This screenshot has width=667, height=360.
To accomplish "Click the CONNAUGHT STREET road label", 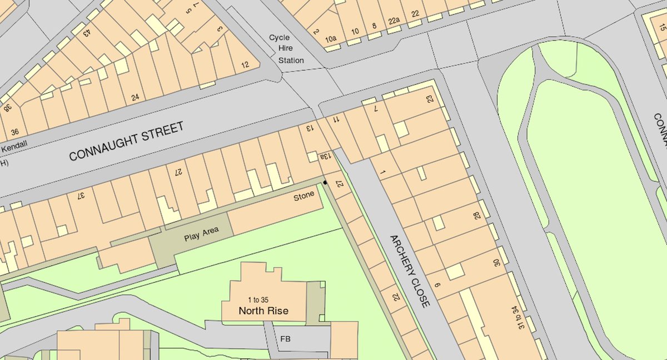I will (x=126, y=142).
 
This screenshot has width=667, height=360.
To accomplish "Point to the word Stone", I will (x=304, y=195).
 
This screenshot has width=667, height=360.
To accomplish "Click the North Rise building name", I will (x=263, y=311).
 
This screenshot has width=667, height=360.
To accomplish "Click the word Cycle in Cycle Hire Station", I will (x=280, y=38).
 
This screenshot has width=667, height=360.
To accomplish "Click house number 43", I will (x=87, y=32).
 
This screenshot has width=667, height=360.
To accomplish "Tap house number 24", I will (x=134, y=98).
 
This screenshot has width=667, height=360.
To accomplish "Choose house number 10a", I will (x=331, y=39).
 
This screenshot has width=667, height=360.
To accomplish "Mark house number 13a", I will (x=323, y=157).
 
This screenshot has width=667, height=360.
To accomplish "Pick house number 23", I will (x=429, y=98).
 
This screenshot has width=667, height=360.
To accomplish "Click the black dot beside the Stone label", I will (x=325, y=182).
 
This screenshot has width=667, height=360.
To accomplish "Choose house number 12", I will (x=245, y=65).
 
